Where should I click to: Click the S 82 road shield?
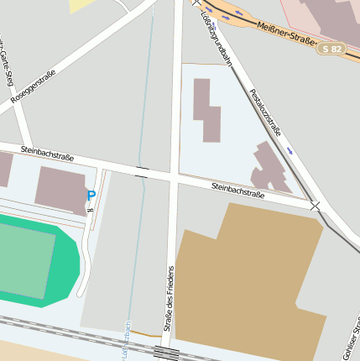point(333,50)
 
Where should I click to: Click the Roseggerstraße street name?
point(34,86)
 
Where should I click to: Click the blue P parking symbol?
point(91,196)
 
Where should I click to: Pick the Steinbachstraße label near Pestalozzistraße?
point(238,190)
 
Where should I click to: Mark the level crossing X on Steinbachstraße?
point(316,206)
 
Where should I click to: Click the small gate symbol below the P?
point(90,210)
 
